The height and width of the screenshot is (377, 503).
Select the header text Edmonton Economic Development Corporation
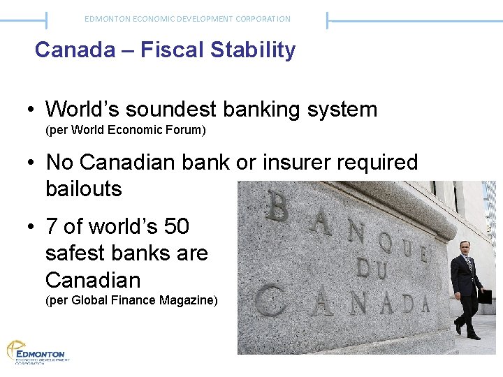187,19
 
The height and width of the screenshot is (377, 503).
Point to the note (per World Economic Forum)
125,130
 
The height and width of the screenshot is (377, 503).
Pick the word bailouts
83,188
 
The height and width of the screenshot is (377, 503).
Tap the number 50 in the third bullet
176,227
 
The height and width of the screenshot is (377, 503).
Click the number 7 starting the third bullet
52,227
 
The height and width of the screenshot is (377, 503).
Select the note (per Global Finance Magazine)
131,301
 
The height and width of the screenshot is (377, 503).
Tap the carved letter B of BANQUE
277,207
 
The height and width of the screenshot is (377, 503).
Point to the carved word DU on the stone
372,265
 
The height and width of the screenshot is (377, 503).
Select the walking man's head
465,248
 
